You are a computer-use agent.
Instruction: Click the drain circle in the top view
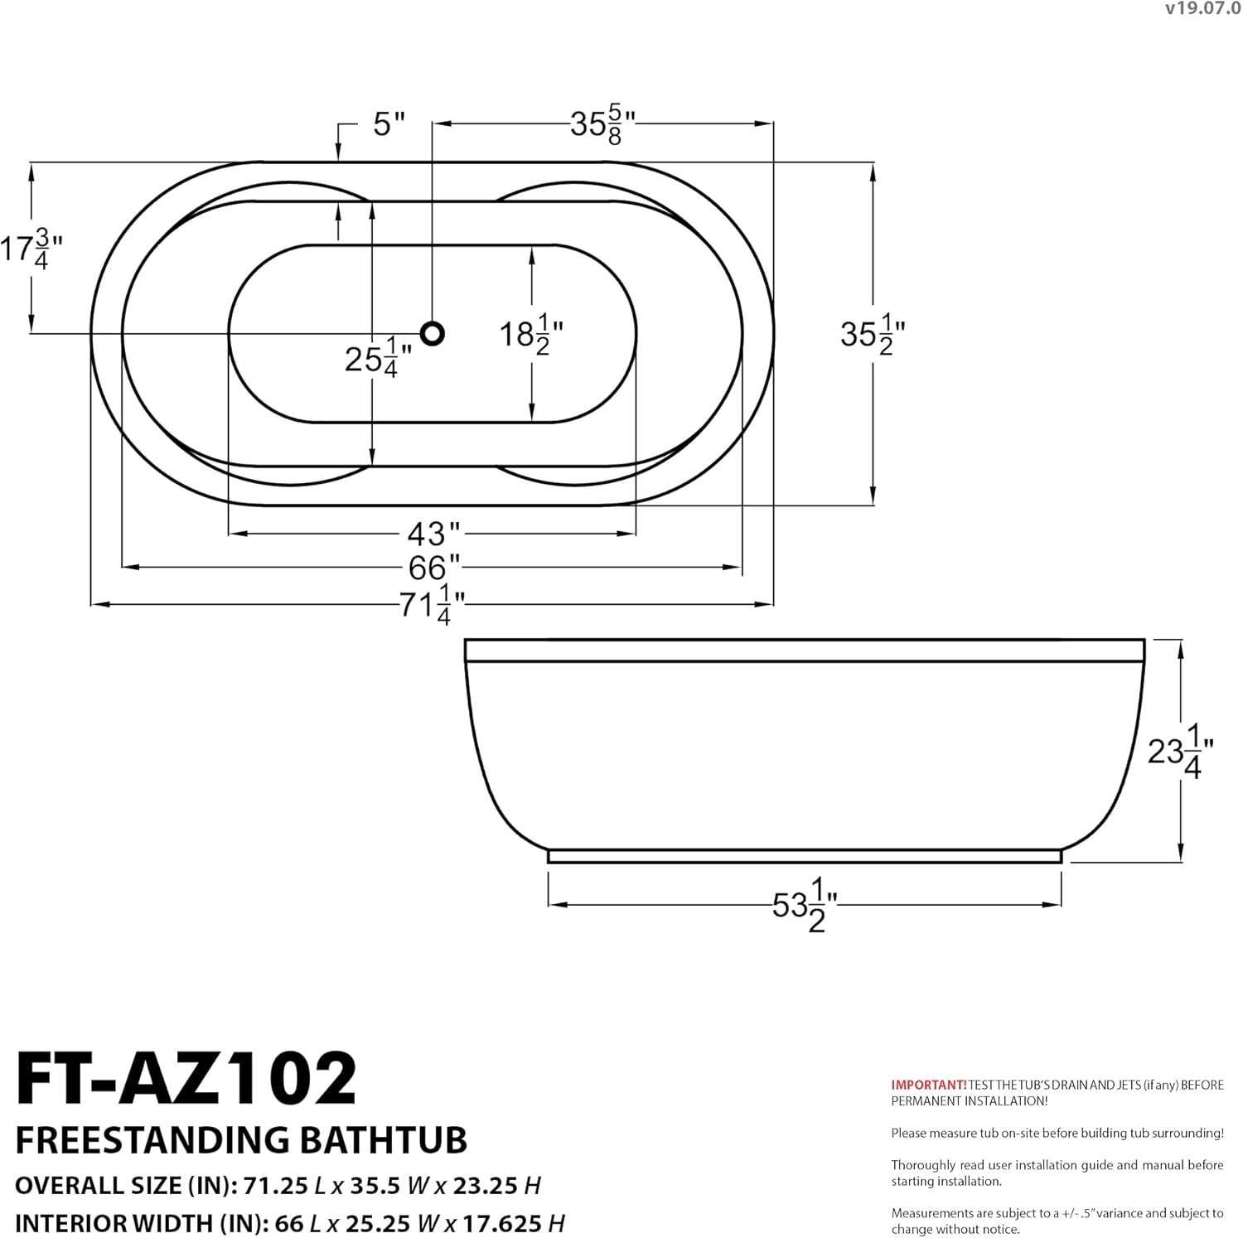click(432, 333)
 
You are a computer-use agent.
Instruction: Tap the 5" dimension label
click(389, 124)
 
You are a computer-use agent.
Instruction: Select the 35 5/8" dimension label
click(602, 124)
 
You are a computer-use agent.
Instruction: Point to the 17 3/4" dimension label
click(31, 248)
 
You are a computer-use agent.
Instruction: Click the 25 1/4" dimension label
click(378, 359)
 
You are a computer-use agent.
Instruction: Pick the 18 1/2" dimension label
click(530, 334)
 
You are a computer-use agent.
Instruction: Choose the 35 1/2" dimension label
click(873, 334)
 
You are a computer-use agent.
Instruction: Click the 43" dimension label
click(433, 533)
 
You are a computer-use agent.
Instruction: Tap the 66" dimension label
click(433, 568)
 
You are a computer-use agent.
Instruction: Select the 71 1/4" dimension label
click(432, 605)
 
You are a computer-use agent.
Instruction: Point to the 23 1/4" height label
click(1181, 751)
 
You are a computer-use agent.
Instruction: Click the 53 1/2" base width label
click(805, 905)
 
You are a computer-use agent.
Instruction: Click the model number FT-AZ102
click(186, 1078)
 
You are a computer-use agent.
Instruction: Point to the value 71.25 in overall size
click(274, 1186)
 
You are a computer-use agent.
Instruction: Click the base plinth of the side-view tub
click(805, 856)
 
